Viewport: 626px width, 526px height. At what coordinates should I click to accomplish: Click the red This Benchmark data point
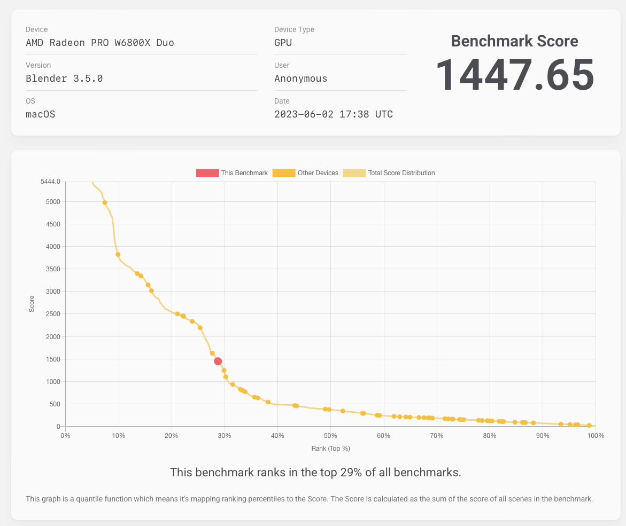[x=218, y=362]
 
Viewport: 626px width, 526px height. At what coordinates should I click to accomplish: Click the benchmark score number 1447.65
[x=515, y=75]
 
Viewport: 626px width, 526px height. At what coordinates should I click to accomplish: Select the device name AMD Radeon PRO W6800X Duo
[x=100, y=43]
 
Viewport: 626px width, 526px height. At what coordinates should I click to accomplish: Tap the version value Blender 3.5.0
[x=64, y=78]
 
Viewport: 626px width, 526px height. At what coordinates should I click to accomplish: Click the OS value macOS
[x=41, y=114]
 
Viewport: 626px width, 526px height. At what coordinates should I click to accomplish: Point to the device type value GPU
[x=283, y=43]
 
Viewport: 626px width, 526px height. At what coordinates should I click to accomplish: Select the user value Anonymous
[x=300, y=78]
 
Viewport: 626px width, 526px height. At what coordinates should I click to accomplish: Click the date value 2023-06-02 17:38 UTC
[x=333, y=114]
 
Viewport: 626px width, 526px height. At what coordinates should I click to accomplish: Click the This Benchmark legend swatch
[x=207, y=173]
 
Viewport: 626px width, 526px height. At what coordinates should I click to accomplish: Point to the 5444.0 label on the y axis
[x=50, y=182]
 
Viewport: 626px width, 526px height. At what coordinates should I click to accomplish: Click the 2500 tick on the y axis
[x=52, y=314]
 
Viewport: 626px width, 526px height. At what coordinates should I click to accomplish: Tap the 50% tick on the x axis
[x=330, y=436]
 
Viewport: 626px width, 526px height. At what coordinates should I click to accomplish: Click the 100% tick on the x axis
[x=596, y=436]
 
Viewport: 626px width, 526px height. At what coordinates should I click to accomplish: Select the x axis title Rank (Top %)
[x=330, y=449]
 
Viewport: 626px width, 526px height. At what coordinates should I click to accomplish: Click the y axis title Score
[x=32, y=304]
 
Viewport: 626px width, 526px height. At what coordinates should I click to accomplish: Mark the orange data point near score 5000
[x=105, y=203]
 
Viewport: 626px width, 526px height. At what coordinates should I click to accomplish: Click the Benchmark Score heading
[x=514, y=41]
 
